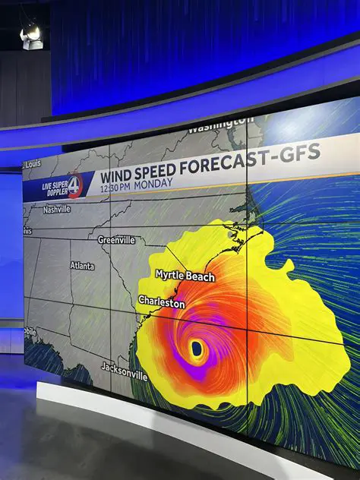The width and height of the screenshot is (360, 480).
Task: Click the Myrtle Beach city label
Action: click(185, 276)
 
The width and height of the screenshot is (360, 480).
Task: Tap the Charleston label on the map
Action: click(161, 302)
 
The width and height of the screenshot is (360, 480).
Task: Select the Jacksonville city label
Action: click(124, 371)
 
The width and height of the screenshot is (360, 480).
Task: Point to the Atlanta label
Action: click(82, 266)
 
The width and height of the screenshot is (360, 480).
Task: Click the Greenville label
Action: click(116, 239)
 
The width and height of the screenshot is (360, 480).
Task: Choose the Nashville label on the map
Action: click(56, 209)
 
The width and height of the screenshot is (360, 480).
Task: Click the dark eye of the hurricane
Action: click(197, 349)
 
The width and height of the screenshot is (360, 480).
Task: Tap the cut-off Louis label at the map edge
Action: click(31, 164)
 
